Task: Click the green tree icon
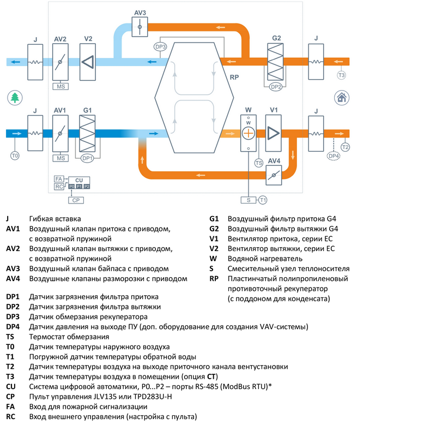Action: (15, 98)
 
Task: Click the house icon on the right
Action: (342, 98)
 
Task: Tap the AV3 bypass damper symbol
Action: (140, 26)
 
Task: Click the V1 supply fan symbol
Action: (274, 133)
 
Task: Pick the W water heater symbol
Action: (249, 133)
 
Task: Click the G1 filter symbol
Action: (87, 133)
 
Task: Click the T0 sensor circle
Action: (15, 156)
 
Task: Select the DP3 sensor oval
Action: (161, 47)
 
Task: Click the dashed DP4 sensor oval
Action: (334, 156)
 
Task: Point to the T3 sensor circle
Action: (342, 75)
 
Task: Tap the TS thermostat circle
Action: (259, 163)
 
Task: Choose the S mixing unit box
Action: (249, 200)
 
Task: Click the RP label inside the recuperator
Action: (234, 77)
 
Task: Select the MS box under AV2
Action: (60, 86)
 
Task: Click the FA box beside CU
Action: (59, 179)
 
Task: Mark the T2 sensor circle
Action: (345, 147)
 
